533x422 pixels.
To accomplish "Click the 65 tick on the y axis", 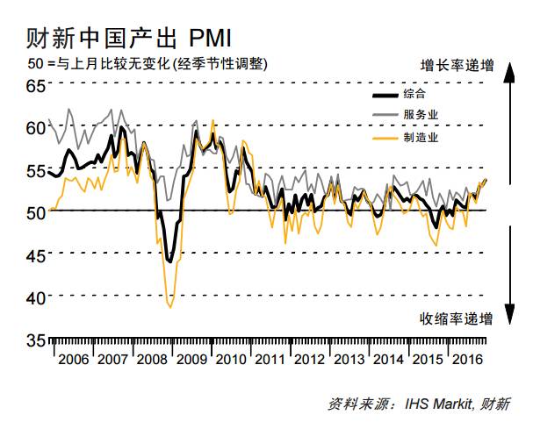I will pos(34,85).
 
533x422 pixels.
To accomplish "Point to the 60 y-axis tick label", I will pos(34,127).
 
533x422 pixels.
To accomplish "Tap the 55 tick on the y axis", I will pos(34,170).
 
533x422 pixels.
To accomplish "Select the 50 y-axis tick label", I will pos(34,212).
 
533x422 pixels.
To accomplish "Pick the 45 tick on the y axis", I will pos(34,255).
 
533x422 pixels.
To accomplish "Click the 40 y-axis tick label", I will pos(34,298).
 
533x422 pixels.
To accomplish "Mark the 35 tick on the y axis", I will pos(34,340).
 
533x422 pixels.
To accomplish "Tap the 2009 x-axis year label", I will pos(190,360).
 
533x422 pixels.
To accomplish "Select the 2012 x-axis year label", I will pos(309,360).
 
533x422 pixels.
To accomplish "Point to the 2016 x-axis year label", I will pos(468,360).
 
